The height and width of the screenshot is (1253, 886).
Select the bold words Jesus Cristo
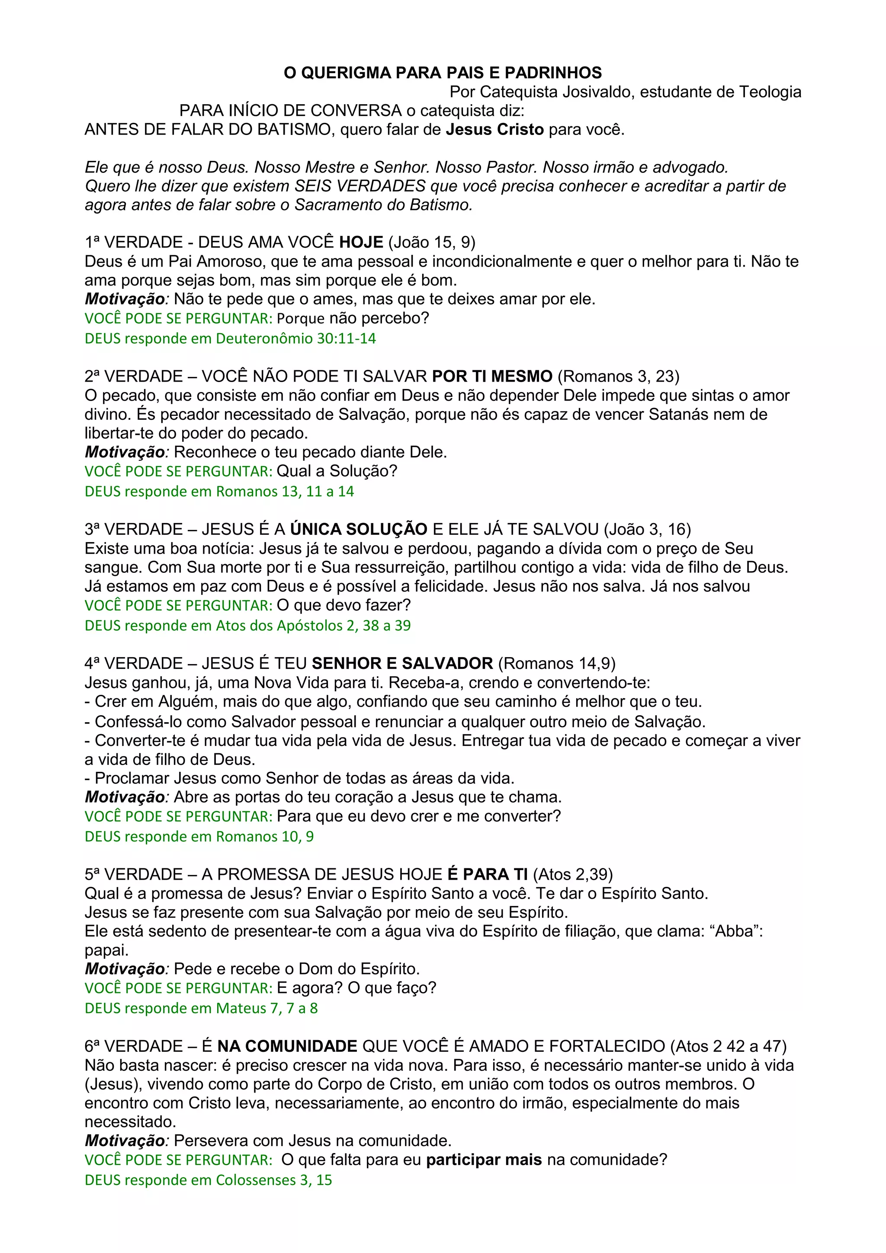point(494,130)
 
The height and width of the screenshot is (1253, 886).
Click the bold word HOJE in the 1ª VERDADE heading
point(361,242)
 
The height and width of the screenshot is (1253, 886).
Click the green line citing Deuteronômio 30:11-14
point(230,338)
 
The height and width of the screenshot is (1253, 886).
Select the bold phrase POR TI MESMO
point(492,376)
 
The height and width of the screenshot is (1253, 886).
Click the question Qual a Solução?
point(337,471)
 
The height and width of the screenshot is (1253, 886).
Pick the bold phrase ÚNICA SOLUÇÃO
point(359,529)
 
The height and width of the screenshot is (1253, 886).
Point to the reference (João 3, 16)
point(647,529)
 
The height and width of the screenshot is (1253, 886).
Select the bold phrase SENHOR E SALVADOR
point(402,664)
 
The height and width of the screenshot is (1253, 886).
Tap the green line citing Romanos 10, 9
point(199,837)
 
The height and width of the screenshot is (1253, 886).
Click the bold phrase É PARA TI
point(487,874)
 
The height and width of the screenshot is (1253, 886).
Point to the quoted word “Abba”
point(737,931)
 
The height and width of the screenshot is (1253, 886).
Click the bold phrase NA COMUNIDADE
point(287,1046)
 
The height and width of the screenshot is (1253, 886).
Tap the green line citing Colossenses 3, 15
point(209,1180)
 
